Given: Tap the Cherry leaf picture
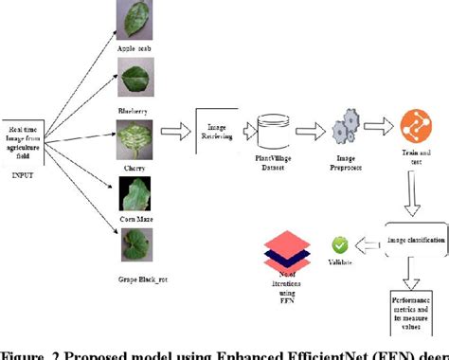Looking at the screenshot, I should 133,140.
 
